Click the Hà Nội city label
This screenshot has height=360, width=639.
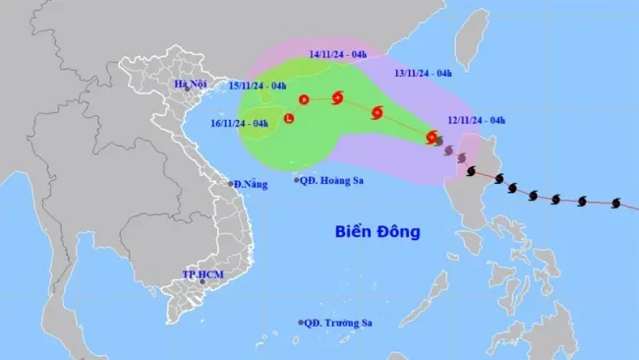pos(188,85)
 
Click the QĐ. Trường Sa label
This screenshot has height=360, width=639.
pos(344,323)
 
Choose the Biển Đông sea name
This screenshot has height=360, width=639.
pos(378,232)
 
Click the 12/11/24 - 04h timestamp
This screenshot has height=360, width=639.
pos(476,121)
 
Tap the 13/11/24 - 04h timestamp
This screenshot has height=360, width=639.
pos(423,73)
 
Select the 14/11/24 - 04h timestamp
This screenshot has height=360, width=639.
pos(338,57)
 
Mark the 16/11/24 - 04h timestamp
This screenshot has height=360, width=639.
pos(238,123)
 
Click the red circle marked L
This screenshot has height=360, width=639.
pos(288,120)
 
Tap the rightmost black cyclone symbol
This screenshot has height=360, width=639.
pos(616,204)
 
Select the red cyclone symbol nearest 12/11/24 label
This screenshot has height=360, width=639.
pos(432,137)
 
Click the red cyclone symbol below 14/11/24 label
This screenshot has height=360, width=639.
pos(338,96)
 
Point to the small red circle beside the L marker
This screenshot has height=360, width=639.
pos(304,99)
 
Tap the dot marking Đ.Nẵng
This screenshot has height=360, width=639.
pos(231,184)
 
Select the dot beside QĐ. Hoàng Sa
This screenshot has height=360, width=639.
pos(298,179)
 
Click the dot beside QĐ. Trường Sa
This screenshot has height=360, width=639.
pos(302,323)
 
